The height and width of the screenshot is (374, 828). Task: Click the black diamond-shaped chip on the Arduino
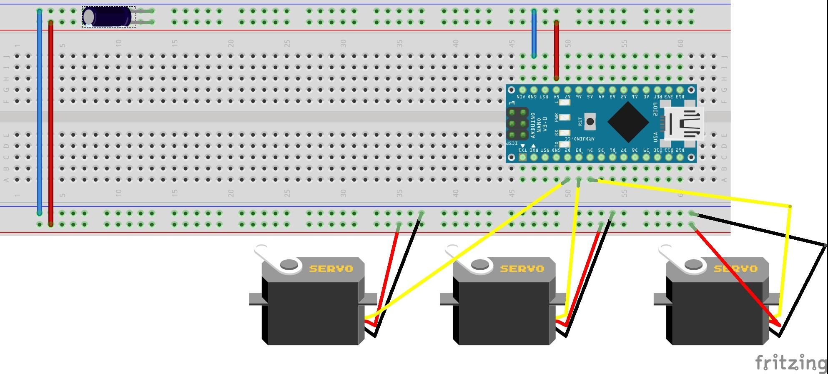tap(628, 122)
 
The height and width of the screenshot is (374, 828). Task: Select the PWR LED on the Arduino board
tap(564, 118)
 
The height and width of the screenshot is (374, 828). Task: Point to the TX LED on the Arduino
tap(564, 144)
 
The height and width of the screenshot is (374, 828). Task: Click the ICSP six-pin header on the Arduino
tap(517, 123)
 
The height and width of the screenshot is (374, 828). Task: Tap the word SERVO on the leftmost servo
tap(331, 269)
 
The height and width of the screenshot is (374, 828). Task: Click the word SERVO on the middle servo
tap(522, 269)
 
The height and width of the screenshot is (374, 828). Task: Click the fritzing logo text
tap(790, 363)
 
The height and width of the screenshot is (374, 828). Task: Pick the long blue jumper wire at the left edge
tap(40, 113)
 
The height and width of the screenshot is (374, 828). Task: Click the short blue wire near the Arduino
tap(534, 33)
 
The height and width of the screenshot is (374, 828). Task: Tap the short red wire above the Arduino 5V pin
tap(556, 50)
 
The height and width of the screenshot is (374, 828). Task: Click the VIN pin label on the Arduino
tap(522, 97)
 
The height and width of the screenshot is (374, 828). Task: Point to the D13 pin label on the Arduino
tap(680, 97)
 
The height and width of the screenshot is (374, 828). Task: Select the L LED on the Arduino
tap(564, 103)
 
